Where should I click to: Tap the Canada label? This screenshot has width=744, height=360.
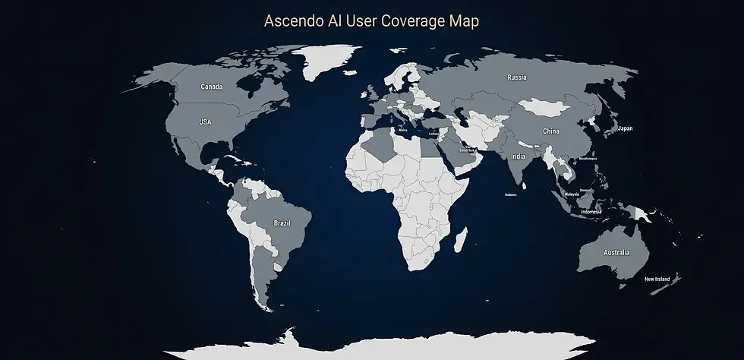(212, 87)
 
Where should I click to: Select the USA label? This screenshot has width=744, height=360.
(206, 122)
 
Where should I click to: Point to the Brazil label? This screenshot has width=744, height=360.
(282, 223)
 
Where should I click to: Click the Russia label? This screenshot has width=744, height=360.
(517, 77)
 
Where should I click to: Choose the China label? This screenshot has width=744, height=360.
(551, 131)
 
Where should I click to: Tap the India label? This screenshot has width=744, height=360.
(518, 156)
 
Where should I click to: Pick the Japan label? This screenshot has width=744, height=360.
(626, 128)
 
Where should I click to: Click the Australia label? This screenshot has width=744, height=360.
(616, 252)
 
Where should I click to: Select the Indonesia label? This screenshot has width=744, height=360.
(591, 212)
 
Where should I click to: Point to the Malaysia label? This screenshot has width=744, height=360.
(572, 194)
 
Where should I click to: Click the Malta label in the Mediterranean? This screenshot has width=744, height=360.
(402, 131)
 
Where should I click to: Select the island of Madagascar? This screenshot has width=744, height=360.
(460, 242)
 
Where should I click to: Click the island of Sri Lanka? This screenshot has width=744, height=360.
(526, 185)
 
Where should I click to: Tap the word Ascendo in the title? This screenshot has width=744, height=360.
(287, 21)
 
